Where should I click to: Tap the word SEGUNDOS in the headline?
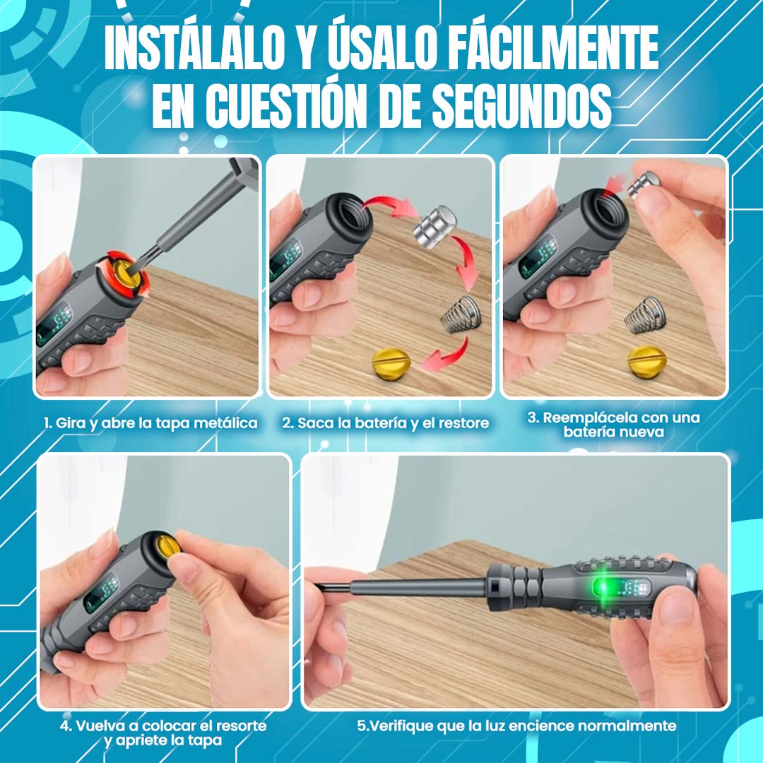coord(522,105)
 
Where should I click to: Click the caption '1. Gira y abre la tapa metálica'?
coord(150,423)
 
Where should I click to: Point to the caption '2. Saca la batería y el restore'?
coord(386,423)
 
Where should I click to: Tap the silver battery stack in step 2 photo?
coord(434,227)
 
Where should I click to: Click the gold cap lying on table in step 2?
coord(391,362)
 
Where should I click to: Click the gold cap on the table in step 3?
coord(646,362)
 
